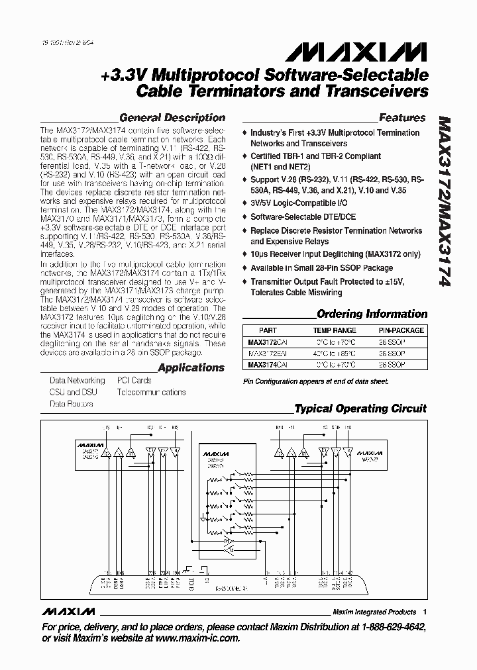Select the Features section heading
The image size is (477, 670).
pyautogui.click(x=402, y=118)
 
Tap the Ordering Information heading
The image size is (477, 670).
pyautogui.click(x=372, y=314)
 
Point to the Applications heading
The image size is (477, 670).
pyautogui.click(x=191, y=367)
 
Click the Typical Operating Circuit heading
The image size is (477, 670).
pyautogui.click(x=360, y=408)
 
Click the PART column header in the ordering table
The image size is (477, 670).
pyautogui.click(x=268, y=330)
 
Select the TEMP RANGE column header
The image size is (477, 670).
pyautogui.click(x=335, y=330)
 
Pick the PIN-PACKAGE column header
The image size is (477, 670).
pyautogui.click(x=397, y=330)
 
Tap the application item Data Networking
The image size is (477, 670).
pyautogui.click(x=77, y=381)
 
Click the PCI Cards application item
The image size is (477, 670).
pyautogui.click(x=134, y=381)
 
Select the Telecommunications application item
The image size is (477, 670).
pyautogui.click(x=151, y=393)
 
